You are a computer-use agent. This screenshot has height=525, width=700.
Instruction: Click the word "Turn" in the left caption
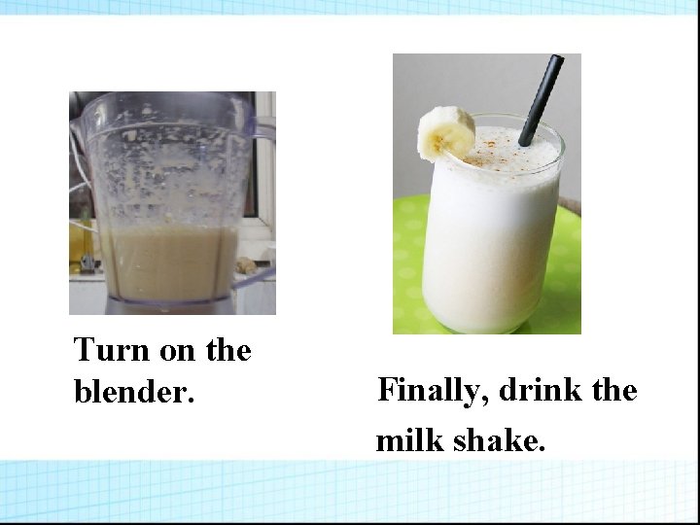point(104,350)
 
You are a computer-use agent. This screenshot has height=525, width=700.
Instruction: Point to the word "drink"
point(534,391)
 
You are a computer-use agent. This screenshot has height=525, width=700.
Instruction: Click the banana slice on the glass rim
point(445,133)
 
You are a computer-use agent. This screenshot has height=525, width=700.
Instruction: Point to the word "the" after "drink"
point(612,391)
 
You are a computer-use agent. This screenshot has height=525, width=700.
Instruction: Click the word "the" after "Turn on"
point(228,351)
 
